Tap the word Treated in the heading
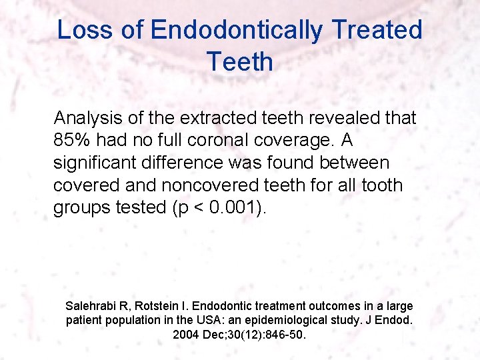[x=377, y=31]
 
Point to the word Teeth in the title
[x=239, y=62]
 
